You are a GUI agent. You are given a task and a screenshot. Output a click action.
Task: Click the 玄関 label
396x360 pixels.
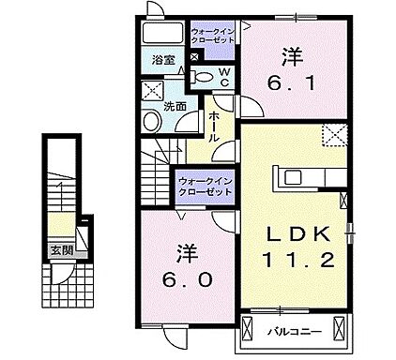[x=61, y=251]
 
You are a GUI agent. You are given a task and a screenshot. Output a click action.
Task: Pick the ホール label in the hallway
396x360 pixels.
[x=214, y=122]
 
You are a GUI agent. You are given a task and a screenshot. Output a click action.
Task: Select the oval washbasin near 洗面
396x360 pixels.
[x=152, y=122]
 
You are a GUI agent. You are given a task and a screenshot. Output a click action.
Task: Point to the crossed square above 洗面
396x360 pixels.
[x=152, y=91]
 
